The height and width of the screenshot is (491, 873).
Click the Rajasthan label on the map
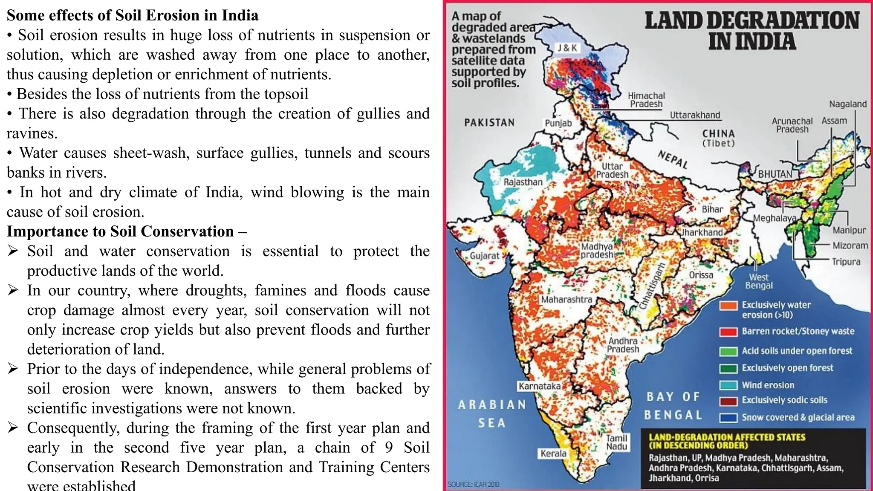tap(523, 182)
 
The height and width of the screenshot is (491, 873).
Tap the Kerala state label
tap(553, 453)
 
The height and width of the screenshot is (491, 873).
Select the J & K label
tap(567, 48)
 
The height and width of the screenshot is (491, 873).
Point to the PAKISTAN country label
tap(489, 123)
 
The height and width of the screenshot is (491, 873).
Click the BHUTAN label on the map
tap(775, 174)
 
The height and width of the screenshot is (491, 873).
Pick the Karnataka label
tap(539, 386)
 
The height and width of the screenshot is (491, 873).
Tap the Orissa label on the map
tap(701, 275)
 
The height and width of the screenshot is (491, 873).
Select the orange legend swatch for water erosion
tap(728, 306)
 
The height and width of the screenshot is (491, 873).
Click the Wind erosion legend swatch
tap(728, 385)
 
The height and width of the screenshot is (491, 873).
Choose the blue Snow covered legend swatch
tap(728, 418)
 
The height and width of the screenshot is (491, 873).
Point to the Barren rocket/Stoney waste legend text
tap(798, 331)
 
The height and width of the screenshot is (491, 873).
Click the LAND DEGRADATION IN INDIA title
tap(752, 31)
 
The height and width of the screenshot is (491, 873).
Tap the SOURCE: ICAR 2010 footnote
tap(473, 485)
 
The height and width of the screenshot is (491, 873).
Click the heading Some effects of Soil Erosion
tap(133, 15)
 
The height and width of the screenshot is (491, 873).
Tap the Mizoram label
tap(850, 245)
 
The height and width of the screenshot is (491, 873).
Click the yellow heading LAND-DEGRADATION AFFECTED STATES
tap(727, 441)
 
